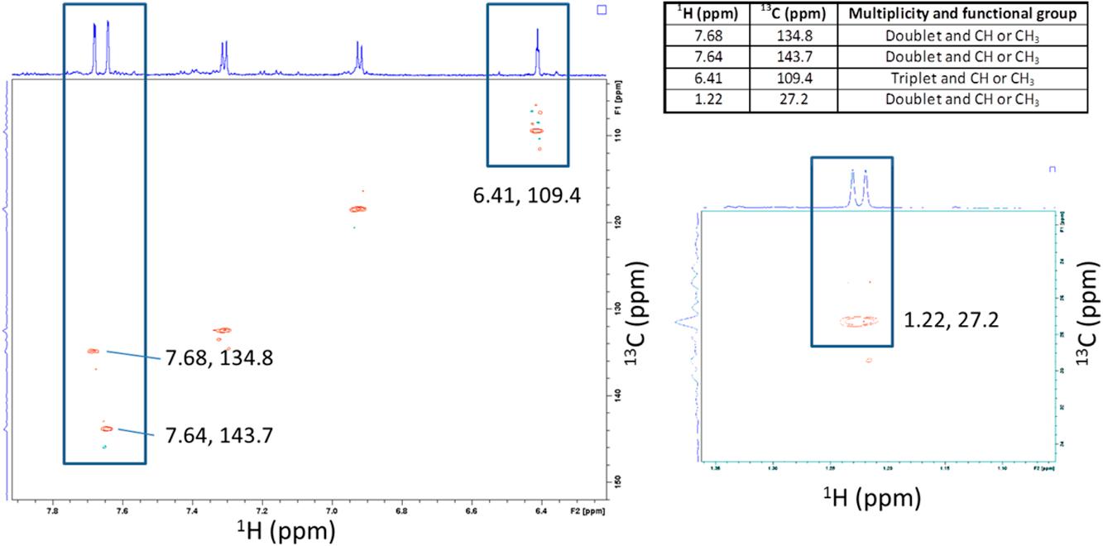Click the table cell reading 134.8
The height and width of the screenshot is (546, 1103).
[x=793, y=38]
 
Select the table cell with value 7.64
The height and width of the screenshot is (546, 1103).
[x=706, y=59]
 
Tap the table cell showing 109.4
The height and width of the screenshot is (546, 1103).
[x=793, y=79]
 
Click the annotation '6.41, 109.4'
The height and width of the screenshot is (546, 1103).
[x=528, y=196]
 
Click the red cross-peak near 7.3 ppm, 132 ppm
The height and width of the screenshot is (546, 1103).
[x=222, y=330]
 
